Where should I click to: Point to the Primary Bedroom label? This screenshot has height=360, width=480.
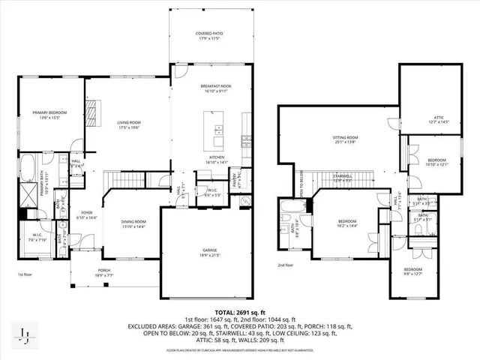45,115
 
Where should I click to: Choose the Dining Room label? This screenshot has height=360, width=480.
134,224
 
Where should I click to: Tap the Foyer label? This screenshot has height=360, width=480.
87,215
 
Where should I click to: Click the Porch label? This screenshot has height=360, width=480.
103,273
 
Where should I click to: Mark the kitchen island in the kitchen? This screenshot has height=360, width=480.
218,130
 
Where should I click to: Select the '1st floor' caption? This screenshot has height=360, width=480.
25,274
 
